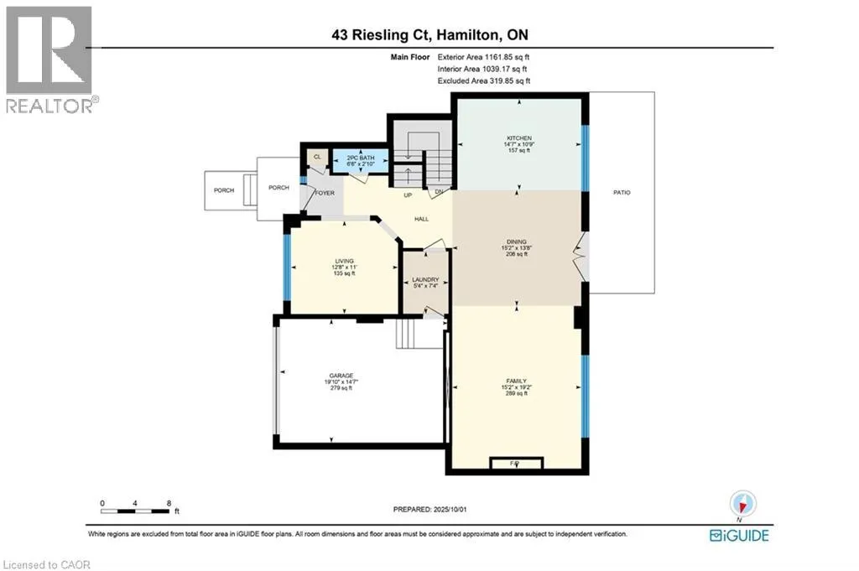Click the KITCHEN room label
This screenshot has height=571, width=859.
tap(518, 138)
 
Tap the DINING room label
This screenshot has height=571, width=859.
tap(516, 241)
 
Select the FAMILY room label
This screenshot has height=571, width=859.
tap(516, 381)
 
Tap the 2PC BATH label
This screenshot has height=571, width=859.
tap(358, 158)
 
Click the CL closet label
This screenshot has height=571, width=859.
tap(317, 156)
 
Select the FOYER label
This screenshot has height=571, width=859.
tap(325, 193)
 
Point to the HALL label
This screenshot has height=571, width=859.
tap(421, 218)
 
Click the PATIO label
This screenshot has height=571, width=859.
tap(621, 193)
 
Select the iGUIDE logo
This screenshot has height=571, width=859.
tap(738, 535)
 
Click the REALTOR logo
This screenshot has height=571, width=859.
tap(49, 60)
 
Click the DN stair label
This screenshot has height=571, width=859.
tap(438, 191)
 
